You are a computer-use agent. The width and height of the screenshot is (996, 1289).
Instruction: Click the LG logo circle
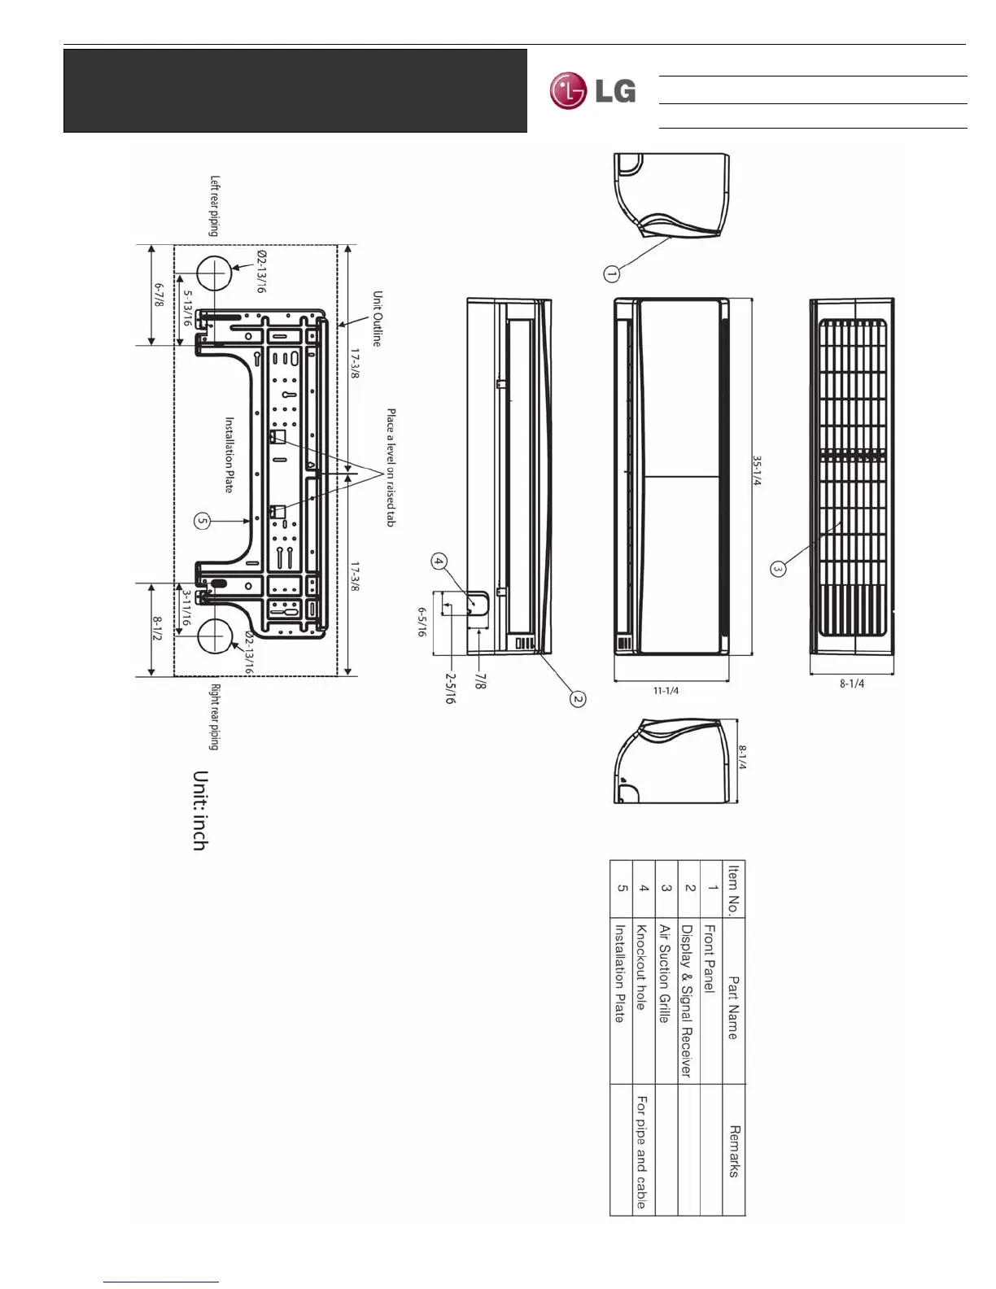point(568,90)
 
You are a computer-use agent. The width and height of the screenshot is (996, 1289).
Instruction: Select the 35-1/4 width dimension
point(757,470)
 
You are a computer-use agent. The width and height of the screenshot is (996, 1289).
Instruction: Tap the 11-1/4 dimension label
point(666,691)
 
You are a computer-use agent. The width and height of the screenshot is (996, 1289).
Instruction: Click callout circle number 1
point(612,273)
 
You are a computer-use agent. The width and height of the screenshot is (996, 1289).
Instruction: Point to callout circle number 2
point(578,698)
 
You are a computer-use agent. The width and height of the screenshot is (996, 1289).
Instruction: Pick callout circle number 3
point(778,569)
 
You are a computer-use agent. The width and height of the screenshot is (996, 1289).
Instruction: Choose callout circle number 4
point(439,561)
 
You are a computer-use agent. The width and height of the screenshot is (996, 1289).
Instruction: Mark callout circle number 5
point(203,521)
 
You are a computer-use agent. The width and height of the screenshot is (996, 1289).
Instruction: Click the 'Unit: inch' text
point(199,811)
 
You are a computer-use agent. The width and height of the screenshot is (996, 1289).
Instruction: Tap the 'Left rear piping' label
point(214,206)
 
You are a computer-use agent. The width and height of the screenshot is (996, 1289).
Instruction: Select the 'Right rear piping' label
point(215,716)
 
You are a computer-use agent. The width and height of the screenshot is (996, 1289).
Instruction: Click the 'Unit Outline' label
point(377,318)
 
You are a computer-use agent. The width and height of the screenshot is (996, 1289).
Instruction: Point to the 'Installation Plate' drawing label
point(229,455)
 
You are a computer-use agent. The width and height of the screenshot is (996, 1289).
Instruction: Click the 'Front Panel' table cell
point(710,958)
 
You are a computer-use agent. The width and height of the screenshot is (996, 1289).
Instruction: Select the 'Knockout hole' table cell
point(641,967)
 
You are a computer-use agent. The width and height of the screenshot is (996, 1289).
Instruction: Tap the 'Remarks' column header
point(734,1151)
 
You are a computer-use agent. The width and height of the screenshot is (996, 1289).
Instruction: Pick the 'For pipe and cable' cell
point(642,1151)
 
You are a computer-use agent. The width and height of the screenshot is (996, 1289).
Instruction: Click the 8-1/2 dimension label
point(157,628)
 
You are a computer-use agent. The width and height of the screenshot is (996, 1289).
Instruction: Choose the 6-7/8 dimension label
point(159,295)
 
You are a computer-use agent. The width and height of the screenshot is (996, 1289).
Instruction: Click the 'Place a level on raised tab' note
point(391,467)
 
